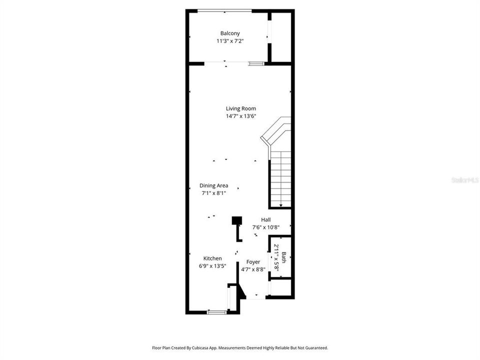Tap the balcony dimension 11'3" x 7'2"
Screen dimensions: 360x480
coord(230,41)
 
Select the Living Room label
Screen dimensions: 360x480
coord(241,108)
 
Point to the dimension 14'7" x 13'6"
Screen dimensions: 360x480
coord(241,116)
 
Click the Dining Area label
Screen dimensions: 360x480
coord(214,185)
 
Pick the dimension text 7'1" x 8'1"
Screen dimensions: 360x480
coord(214,193)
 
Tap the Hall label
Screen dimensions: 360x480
coord(266,219)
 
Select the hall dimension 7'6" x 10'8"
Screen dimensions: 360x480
coord(266,227)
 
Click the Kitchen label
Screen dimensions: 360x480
coord(212,258)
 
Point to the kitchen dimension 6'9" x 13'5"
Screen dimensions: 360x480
coord(212,266)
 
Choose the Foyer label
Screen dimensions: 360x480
coord(253,262)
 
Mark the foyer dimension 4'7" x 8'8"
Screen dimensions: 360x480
coord(253,269)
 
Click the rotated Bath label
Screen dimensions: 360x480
coord(284,257)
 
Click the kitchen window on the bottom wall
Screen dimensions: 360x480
coord(217,312)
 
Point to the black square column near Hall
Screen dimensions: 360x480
coord(237,220)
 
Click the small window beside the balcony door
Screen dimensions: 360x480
coord(256,63)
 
